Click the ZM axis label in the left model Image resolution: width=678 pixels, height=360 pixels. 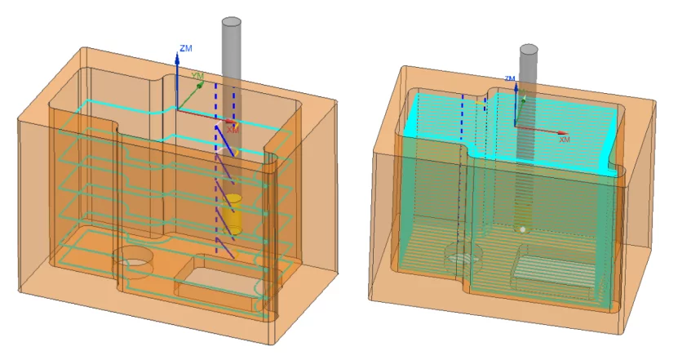[186, 49]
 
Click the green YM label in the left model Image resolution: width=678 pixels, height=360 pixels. [197, 76]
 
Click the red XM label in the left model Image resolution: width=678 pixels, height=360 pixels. [233, 129]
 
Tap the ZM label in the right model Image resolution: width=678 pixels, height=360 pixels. [509, 78]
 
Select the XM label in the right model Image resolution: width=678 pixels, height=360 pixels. [564, 140]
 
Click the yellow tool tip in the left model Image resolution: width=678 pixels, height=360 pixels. [233, 215]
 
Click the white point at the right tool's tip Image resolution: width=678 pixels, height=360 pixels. [522, 229]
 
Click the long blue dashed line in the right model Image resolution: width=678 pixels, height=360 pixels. [463, 163]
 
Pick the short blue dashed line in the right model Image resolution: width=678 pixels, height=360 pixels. [486, 102]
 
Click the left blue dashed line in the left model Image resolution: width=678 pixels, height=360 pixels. [216, 163]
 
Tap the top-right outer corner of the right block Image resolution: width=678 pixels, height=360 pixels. [655, 102]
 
